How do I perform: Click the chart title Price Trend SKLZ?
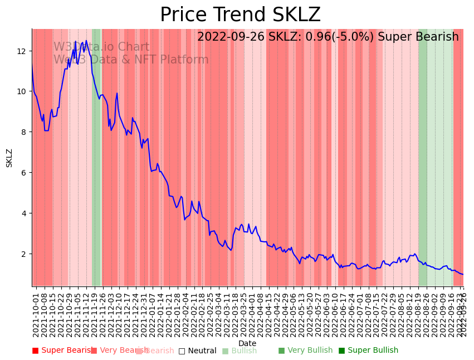pos(240,15)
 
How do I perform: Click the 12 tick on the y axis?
pos(22,51)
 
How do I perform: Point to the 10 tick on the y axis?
pos(22,91)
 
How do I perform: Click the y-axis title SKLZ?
pos(9,158)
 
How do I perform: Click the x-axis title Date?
pos(247,343)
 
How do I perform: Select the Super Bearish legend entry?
pos(63,351)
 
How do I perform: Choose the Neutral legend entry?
pos(197,351)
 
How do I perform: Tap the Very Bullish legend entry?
pos(305,351)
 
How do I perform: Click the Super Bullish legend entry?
pos(368,351)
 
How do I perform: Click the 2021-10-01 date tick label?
pos(36,312)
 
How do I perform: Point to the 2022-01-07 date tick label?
pos(152,312)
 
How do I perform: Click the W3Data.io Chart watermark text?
pos(101,47)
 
